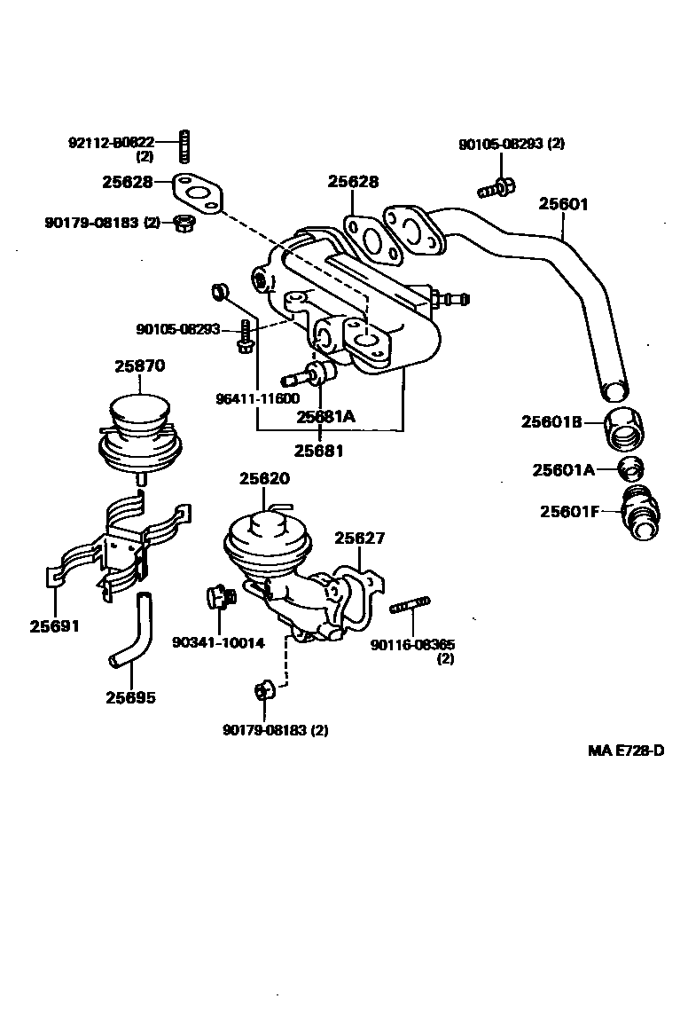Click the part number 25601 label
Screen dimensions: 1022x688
(x=563, y=204)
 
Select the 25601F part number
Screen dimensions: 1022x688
(x=569, y=511)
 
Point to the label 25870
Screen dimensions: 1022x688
(x=139, y=366)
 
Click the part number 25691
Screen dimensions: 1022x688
(x=54, y=625)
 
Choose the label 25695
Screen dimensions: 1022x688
(x=130, y=697)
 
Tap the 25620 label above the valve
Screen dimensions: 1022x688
(x=263, y=478)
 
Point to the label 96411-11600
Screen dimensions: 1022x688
(x=257, y=399)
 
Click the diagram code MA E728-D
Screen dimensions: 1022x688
(x=626, y=751)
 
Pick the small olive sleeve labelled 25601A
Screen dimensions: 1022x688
(x=631, y=468)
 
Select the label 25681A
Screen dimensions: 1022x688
(x=326, y=416)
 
